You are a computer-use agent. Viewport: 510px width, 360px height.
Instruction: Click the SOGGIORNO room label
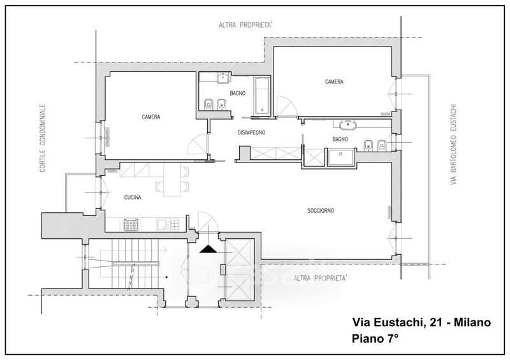coord(321,211)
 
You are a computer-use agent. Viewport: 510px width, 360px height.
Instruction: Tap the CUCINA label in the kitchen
coord(133,198)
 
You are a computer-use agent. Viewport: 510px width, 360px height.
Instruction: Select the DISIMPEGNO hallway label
coord(251,133)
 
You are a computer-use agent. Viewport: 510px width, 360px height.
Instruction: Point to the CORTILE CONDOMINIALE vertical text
coord(43,138)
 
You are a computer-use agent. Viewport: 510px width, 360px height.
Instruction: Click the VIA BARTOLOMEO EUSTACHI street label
coord(453,145)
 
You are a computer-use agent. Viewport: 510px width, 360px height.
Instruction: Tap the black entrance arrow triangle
coord(208,249)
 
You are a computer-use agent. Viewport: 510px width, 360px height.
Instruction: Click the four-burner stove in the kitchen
coord(131,225)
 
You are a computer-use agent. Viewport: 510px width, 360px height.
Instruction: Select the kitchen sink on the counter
coord(168,224)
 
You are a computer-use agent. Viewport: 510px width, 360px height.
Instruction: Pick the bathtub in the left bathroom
coord(262,96)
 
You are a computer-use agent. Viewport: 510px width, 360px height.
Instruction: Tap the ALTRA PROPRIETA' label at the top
coord(245,25)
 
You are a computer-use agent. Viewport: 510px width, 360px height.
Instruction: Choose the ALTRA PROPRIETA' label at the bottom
coord(320,278)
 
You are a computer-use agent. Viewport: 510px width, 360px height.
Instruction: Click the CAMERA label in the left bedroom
coord(151,117)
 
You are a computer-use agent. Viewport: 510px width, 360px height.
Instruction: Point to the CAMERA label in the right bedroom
coord(334,82)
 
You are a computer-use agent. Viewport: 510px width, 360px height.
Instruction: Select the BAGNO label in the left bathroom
coord(238,93)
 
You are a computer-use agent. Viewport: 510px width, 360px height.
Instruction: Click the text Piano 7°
coord(375,339)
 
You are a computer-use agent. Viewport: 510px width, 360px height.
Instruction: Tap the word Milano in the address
coord(472,322)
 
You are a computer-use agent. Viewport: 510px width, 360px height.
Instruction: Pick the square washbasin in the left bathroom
coord(222,78)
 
